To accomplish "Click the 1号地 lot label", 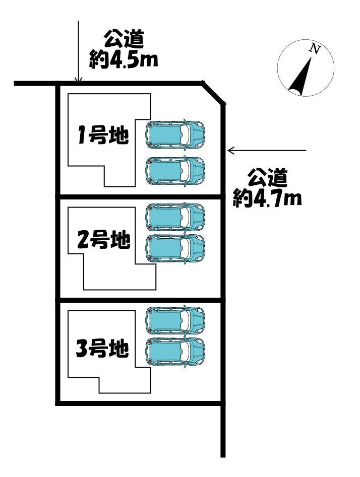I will (x=103, y=136).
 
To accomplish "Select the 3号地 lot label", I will (x=102, y=348).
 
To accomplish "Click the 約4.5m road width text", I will (x=124, y=59).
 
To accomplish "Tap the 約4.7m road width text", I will (x=267, y=197).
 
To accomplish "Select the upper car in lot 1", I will (x=175, y=134).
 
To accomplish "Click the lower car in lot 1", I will (x=175, y=171).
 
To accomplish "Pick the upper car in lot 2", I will (x=175, y=217).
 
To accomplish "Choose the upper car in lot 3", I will (x=175, y=320).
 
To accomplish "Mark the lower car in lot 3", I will (x=175, y=351).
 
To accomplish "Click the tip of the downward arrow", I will (x=78, y=81).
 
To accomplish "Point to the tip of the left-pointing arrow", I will (x=229, y=150).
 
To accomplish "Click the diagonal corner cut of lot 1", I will (x=213, y=93).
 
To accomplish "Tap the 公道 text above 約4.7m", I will (x=268, y=178).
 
